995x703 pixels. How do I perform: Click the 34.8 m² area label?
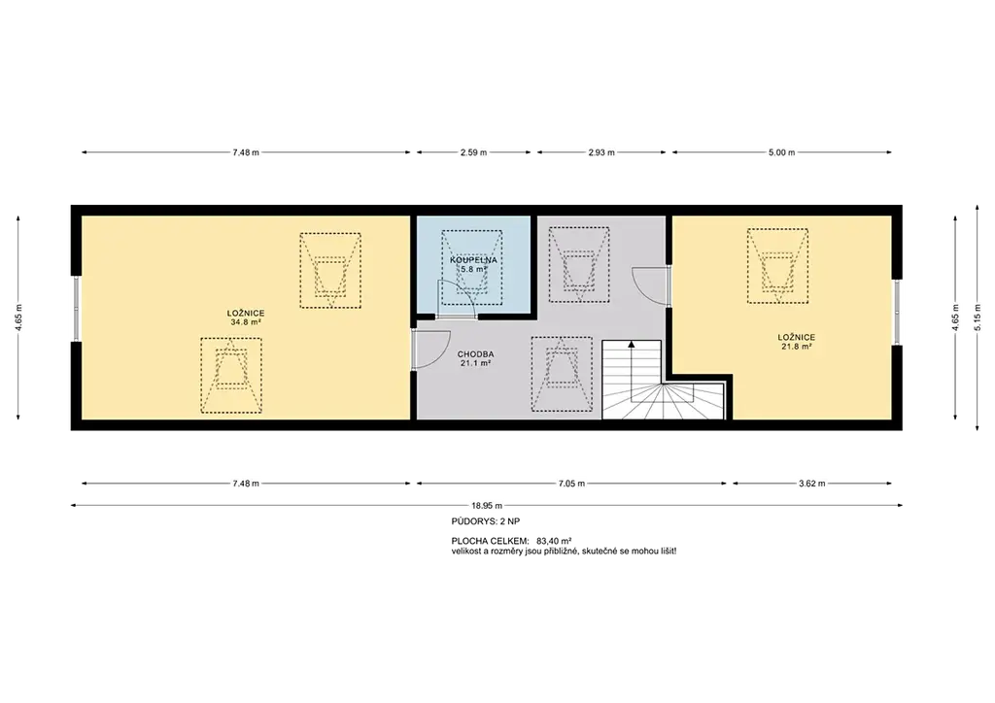click(x=246, y=322)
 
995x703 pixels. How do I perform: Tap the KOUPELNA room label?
click(x=473, y=260)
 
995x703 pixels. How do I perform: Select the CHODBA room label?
click(x=475, y=354)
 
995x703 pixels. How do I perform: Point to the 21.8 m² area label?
click(x=797, y=347)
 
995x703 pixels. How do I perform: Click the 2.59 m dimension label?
click(x=473, y=152)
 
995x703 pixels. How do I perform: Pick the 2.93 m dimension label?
click(x=601, y=152)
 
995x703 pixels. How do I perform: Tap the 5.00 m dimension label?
click(x=781, y=152)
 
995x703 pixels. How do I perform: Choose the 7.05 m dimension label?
click(x=571, y=484)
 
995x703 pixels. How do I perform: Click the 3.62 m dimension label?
click(x=811, y=484)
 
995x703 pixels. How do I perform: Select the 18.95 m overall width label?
click(x=487, y=506)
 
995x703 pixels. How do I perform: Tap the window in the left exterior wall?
click(x=76, y=309)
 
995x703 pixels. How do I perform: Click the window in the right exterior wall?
click(x=897, y=312)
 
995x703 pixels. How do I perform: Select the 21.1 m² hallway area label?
click(x=475, y=364)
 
